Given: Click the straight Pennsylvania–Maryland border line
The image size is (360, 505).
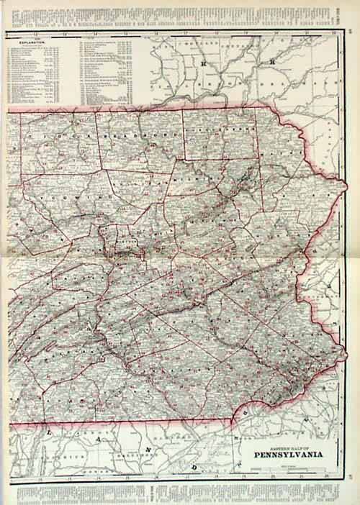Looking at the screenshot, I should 144,419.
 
